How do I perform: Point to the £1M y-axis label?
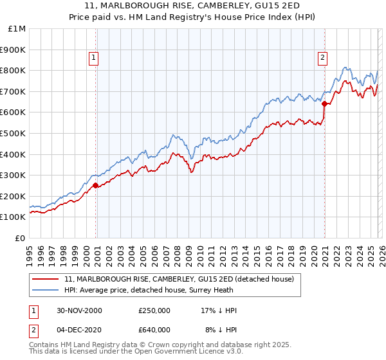[17, 28]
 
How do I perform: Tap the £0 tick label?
[21, 238]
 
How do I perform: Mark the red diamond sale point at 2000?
[96, 185]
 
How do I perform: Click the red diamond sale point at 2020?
[325, 104]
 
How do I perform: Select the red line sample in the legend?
[46, 279]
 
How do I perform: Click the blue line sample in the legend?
[46, 290]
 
